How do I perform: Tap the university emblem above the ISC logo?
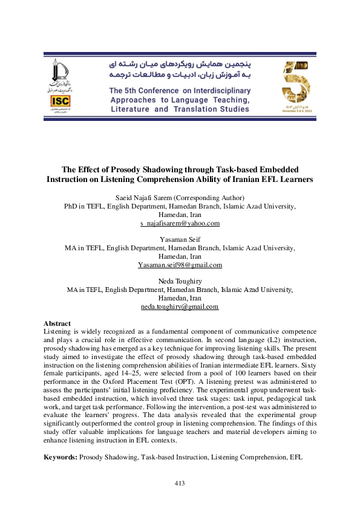60,74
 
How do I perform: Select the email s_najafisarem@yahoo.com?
180,223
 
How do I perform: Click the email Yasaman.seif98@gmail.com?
180,265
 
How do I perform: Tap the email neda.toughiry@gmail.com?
180,306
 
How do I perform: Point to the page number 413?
179,482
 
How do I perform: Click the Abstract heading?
57,323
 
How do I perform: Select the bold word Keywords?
61,458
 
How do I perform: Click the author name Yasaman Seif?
180,240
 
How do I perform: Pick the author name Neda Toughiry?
180,282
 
